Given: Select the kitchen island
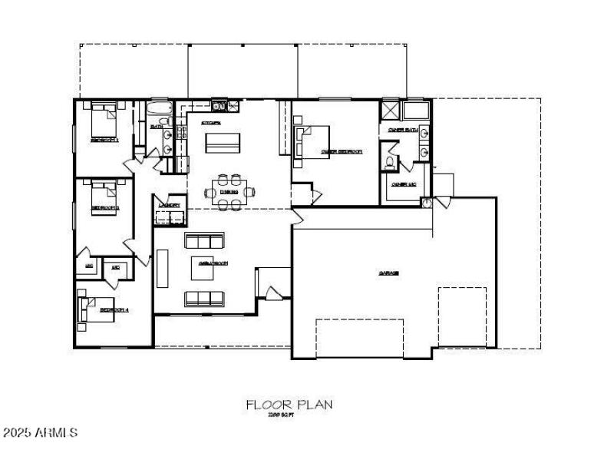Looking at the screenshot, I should click(x=221, y=141).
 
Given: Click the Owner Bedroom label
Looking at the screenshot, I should click(x=341, y=152).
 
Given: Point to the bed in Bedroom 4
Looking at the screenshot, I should click(x=90, y=309).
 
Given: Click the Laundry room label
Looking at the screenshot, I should click(x=169, y=205).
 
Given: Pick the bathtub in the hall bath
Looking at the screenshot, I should click(x=159, y=113).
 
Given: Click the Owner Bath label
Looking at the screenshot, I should click(x=402, y=131).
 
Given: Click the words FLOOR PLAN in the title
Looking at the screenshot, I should click(x=289, y=404).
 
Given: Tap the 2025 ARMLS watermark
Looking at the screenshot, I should click(x=39, y=433).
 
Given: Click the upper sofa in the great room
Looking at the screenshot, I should click(x=204, y=240).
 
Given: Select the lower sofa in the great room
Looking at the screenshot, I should click(x=204, y=298).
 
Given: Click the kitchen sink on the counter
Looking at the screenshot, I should click(x=218, y=106).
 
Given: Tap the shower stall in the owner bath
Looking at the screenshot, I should click(x=391, y=110).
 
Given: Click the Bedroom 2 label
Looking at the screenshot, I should click(x=105, y=208).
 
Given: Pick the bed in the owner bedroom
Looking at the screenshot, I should click(x=311, y=141).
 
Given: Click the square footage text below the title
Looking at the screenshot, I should click(x=282, y=415).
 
